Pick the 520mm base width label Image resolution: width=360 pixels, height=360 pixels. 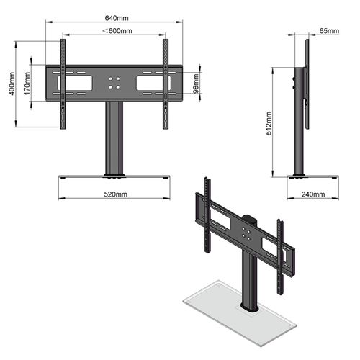point(114,194)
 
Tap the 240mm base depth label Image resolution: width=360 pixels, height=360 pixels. point(312,194)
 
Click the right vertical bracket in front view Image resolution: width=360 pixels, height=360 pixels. point(166,79)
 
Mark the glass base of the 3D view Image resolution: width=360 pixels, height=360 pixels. point(216,306)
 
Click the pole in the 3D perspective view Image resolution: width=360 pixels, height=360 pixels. point(249,281)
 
